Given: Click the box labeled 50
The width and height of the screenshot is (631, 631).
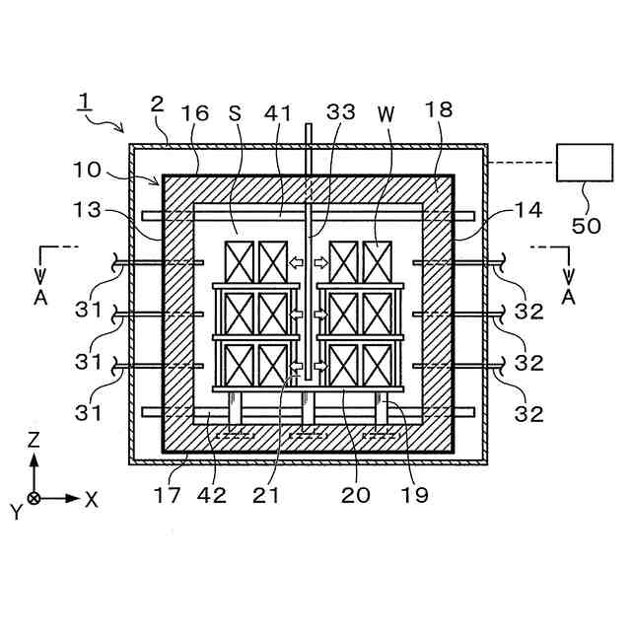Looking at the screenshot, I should coord(585,163).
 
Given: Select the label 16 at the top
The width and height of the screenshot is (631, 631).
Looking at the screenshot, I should coord(195,113).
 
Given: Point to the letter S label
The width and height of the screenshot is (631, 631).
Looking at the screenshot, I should coord(236,113).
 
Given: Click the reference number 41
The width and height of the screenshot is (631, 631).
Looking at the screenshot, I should coord(280,113).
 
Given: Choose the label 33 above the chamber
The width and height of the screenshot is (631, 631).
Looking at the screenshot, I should coord(341,113).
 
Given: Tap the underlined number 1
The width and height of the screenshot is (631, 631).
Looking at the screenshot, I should coord(86,101).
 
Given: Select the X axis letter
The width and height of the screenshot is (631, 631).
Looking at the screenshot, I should coord(92,499).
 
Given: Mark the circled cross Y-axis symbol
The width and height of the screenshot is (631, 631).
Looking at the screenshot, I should coord(34,499).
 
